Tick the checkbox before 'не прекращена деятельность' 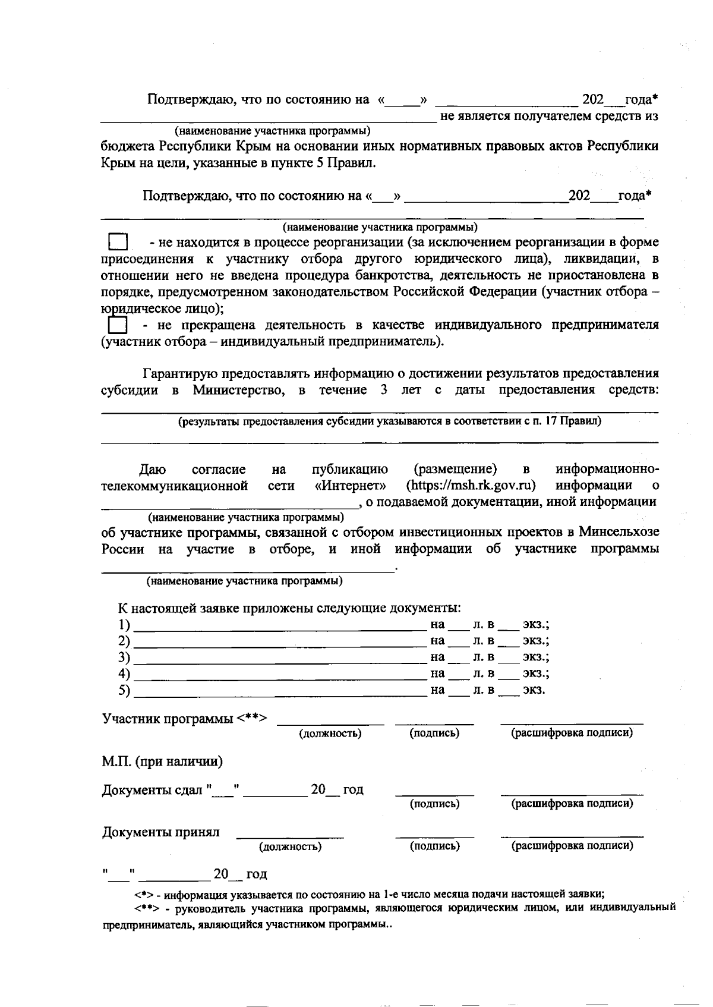coord(118,325)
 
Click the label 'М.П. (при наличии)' coord(162,761)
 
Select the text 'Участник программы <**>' coord(185,719)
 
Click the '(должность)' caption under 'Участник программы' coord(330,733)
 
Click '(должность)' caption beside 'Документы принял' coord(290,846)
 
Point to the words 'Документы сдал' coord(153,790)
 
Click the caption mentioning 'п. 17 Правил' coord(390,421)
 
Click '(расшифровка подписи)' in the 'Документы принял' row coord(572,845)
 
